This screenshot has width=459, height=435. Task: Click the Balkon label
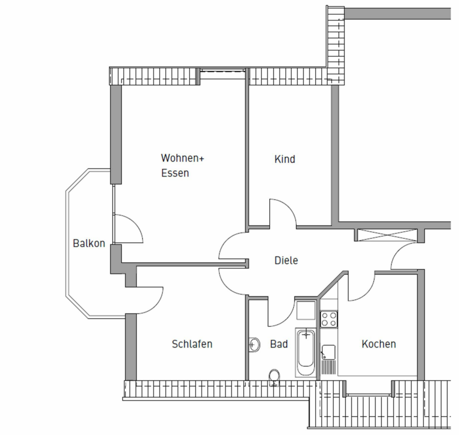(89, 244)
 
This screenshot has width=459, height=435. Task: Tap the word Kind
(285, 159)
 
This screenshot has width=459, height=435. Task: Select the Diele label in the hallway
(286, 260)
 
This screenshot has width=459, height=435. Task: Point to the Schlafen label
(192, 344)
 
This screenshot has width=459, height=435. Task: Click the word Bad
(279, 344)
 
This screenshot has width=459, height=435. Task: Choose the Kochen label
(379, 344)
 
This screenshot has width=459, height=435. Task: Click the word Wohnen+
(183, 158)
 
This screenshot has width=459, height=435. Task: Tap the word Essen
(175, 173)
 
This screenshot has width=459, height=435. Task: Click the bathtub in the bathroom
(305, 352)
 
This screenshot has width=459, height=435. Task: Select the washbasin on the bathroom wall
(254, 345)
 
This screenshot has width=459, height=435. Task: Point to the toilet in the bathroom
(274, 377)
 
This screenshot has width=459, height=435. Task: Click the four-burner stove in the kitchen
(329, 319)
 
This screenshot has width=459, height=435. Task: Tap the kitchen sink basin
(328, 352)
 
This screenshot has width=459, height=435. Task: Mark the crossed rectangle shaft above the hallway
(388, 235)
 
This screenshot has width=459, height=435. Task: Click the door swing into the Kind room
(283, 213)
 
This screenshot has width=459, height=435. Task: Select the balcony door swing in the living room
(128, 229)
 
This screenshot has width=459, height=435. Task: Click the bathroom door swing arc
(282, 311)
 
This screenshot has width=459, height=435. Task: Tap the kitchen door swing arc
(362, 286)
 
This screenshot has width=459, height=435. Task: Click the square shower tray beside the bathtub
(306, 310)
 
